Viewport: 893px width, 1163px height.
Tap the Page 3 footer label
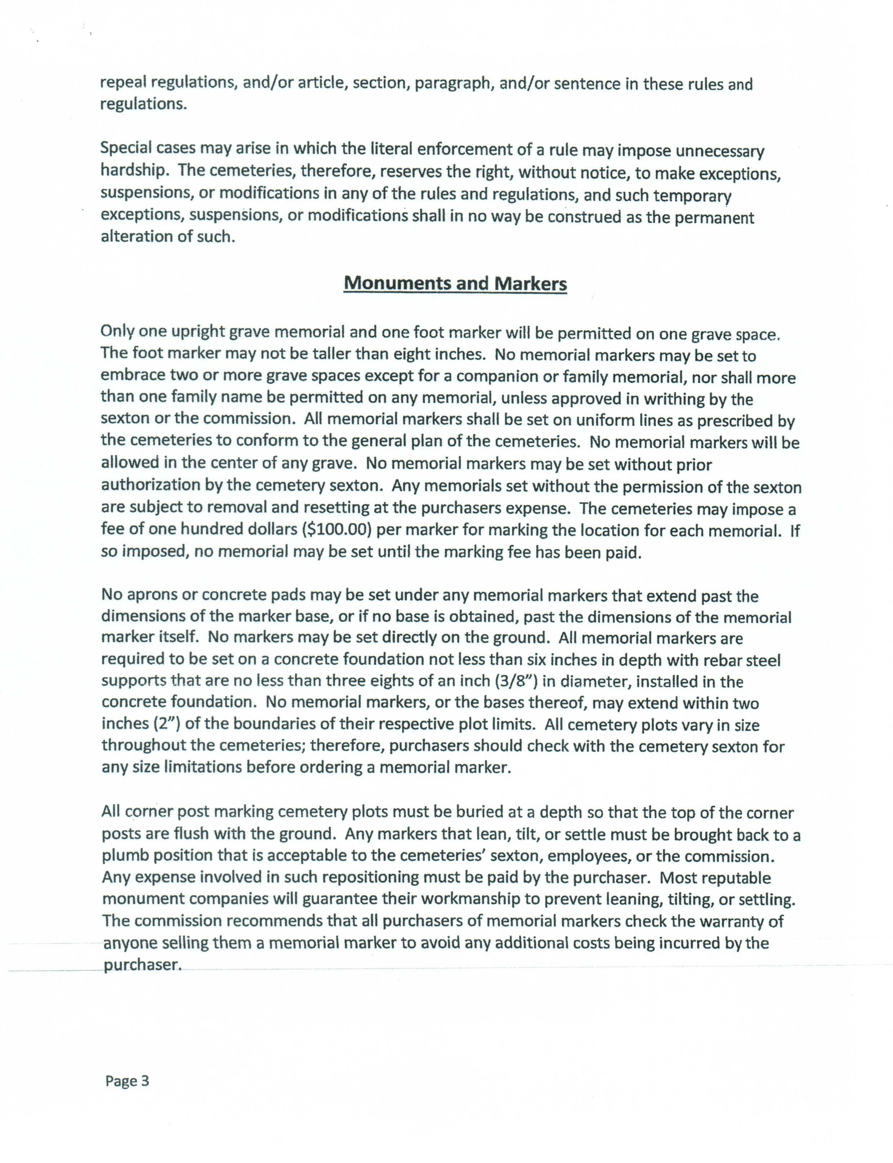127,1081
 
